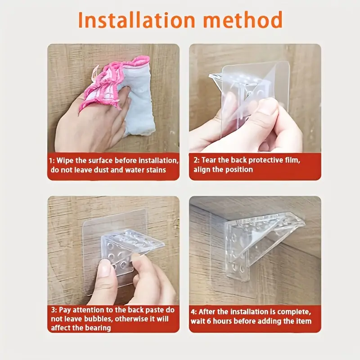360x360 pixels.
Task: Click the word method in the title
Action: pos(243,20)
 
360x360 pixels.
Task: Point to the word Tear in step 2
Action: pos(209,160)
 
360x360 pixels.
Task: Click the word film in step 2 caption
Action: pos(292,160)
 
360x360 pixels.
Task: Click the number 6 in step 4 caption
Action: pos(209,321)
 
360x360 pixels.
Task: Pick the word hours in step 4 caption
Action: pos(222,321)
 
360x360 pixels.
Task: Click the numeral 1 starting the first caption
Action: pos(51,160)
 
